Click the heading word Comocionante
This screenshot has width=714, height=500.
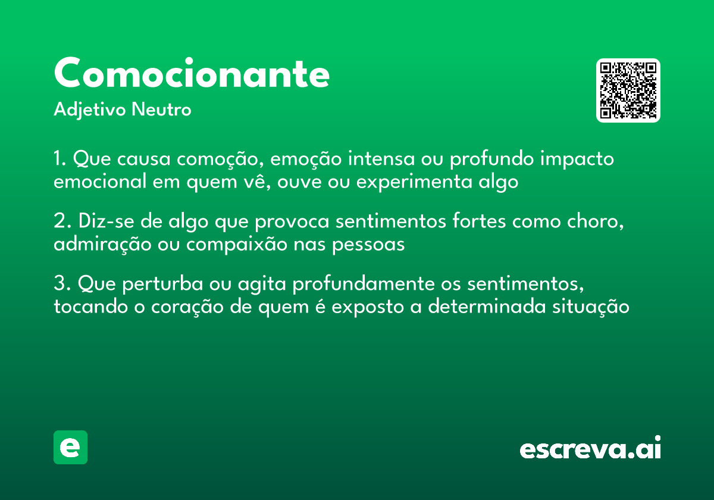pos(192,74)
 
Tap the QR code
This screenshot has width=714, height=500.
pos(628,90)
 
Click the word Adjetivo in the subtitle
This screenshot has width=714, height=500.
pos(90,110)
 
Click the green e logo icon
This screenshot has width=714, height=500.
pos(70,447)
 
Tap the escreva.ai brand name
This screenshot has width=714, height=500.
pos(590,449)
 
